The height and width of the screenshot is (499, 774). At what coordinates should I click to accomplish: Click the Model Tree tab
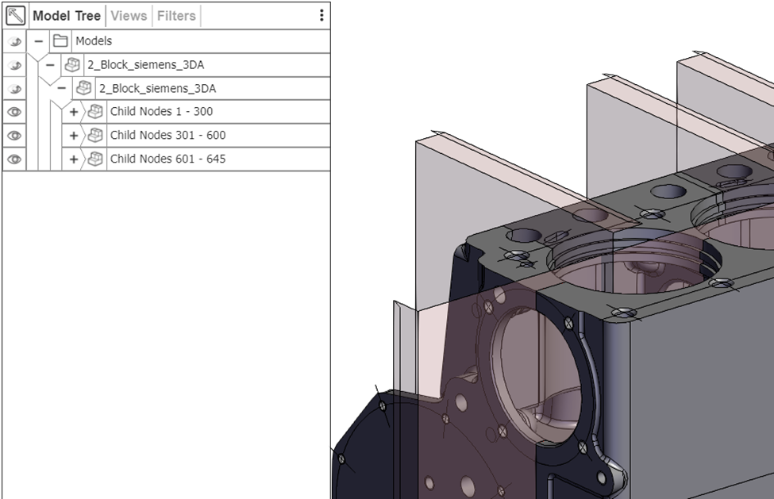[67, 15]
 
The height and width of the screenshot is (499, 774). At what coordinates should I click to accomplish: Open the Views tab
[128, 15]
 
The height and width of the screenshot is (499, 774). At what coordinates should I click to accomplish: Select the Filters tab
[175, 15]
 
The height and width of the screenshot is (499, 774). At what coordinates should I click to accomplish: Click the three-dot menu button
[321, 15]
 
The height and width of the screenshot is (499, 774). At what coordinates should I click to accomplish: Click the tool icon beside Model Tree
[15, 15]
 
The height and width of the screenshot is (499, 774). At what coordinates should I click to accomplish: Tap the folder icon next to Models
[60, 41]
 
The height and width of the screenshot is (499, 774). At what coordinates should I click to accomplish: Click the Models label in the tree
[94, 41]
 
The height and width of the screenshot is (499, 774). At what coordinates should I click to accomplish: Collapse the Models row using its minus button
[38, 41]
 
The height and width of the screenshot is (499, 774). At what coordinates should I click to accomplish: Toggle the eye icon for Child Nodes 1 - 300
[14, 112]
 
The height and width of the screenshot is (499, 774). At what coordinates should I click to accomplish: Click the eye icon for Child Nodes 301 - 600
[14, 136]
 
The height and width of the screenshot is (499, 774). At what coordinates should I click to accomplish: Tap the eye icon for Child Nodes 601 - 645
[14, 159]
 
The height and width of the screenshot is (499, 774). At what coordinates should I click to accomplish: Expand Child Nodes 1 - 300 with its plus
[74, 112]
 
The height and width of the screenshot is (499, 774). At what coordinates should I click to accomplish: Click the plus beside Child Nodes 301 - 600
[74, 136]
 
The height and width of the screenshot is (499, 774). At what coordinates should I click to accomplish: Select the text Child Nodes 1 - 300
[161, 112]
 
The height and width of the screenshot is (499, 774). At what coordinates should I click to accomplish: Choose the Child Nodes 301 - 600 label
[168, 136]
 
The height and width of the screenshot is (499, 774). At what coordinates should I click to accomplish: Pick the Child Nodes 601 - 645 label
[168, 159]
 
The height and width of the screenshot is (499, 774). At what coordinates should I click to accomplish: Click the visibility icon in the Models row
[14, 41]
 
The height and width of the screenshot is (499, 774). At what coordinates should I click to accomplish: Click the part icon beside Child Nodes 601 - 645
[95, 159]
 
